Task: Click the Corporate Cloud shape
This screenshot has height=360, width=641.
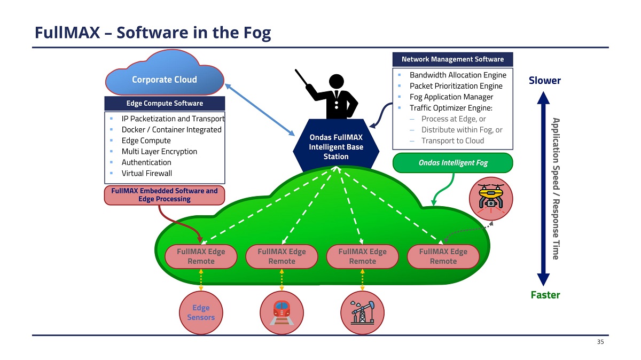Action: tap(165, 80)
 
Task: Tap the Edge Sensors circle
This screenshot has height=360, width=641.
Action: tap(201, 312)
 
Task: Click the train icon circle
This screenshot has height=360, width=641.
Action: tap(282, 312)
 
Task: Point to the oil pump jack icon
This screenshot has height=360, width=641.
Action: tap(363, 312)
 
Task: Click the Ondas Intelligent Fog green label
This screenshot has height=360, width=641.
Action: tap(452, 163)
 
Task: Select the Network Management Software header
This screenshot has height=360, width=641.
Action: tap(452, 59)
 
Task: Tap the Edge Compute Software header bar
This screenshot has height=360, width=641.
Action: tap(165, 103)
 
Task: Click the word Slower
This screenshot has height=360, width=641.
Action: tap(544, 81)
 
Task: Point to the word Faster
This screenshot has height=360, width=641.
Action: tap(544, 295)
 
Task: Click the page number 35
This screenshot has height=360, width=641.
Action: tap(600, 342)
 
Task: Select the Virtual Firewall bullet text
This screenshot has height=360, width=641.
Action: tap(146, 173)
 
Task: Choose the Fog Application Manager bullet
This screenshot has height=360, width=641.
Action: tap(451, 97)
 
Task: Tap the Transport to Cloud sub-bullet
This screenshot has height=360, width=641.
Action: tap(452, 140)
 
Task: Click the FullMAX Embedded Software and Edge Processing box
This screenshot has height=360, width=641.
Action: tap(164, 195)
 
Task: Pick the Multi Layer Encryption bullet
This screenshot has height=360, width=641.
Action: tap(159, 151)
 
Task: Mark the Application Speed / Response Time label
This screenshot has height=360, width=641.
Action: tap(556, 189)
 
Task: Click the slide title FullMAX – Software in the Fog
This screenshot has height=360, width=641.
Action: tap(153, 33)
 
